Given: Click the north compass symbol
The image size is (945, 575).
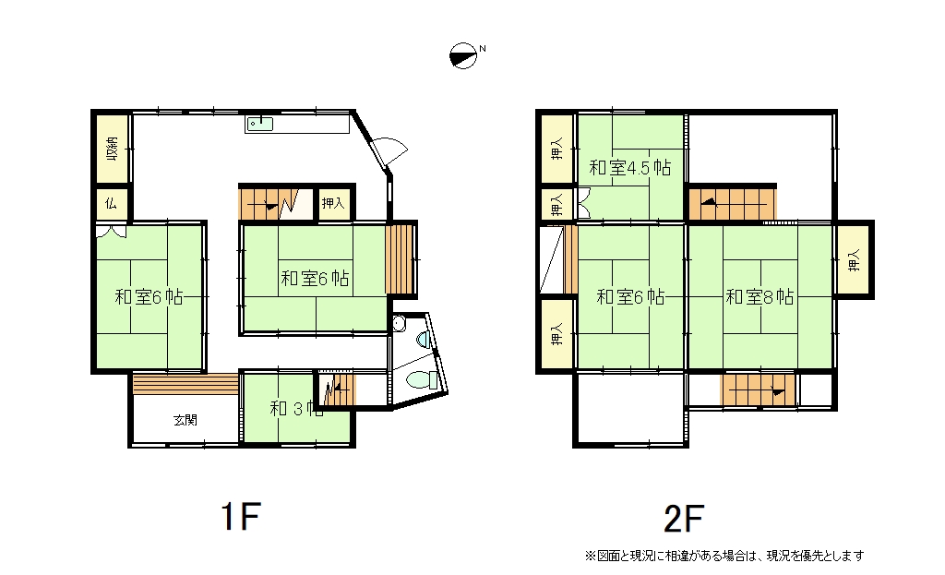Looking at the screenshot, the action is click(463, 56).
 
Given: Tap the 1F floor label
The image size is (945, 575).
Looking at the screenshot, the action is click(241, 517).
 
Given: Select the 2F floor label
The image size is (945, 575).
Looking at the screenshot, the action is click(684, 519).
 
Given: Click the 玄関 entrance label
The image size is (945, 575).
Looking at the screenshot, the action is click(185, 420).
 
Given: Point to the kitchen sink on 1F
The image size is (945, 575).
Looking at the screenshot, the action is click(259, 125).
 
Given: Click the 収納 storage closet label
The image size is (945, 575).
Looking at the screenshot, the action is click(112, 149).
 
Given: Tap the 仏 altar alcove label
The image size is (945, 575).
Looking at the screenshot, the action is click(111, 204).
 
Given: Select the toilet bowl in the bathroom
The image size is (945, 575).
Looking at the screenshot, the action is click(422, 380).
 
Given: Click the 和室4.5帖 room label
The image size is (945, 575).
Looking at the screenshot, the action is click(629, 168).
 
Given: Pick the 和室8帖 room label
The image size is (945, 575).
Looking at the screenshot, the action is click(760, 296).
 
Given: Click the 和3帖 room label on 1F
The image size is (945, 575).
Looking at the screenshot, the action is click(296, 409).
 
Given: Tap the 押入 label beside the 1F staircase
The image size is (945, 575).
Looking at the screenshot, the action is click(332, 203).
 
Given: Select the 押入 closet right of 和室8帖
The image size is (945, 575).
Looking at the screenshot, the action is click(854, 259).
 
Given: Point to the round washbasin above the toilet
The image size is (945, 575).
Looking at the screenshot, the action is click(399, 325).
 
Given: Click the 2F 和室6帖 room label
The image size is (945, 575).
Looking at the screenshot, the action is click(630, 296).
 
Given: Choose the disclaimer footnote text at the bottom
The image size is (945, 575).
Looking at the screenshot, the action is click(724, 555).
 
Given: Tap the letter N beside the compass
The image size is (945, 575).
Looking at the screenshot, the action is click(482, 48).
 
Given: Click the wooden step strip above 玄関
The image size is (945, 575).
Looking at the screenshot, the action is click(185, 384).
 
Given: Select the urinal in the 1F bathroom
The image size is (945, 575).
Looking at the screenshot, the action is click(424, 340).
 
